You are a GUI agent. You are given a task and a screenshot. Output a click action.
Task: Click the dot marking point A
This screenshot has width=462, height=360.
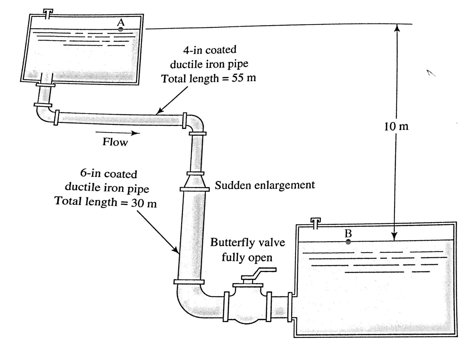pyautogui.click(x=121, y=29)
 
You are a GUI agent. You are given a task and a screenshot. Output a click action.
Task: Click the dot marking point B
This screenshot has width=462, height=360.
pyautogui.click(x=348, y=242)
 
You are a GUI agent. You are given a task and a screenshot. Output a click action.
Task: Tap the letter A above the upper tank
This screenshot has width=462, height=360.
pyautogui.click(x=121, y=22)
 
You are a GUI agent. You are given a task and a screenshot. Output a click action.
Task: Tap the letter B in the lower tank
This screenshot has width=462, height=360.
pyautogui.click(x=348, y=234)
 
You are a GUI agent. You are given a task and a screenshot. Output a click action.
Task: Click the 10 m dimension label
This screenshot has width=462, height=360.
pyautogui.click(x=396, y=126)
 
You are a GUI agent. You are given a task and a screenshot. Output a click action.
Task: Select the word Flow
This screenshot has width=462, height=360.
pyautogui.click(x=115, y=142)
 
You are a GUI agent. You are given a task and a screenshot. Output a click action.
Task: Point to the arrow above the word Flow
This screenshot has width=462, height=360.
pyautogui.click(x=118, y=133)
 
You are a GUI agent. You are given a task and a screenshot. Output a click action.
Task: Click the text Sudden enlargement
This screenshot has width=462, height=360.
pyautogui.click(x=265, y=185)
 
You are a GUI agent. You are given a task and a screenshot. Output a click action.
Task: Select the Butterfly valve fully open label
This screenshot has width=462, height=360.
pyautogui.click(x=247, y=250)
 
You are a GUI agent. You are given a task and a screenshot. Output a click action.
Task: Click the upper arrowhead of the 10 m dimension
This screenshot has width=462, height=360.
pyautogui.click(x=396, y=27)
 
